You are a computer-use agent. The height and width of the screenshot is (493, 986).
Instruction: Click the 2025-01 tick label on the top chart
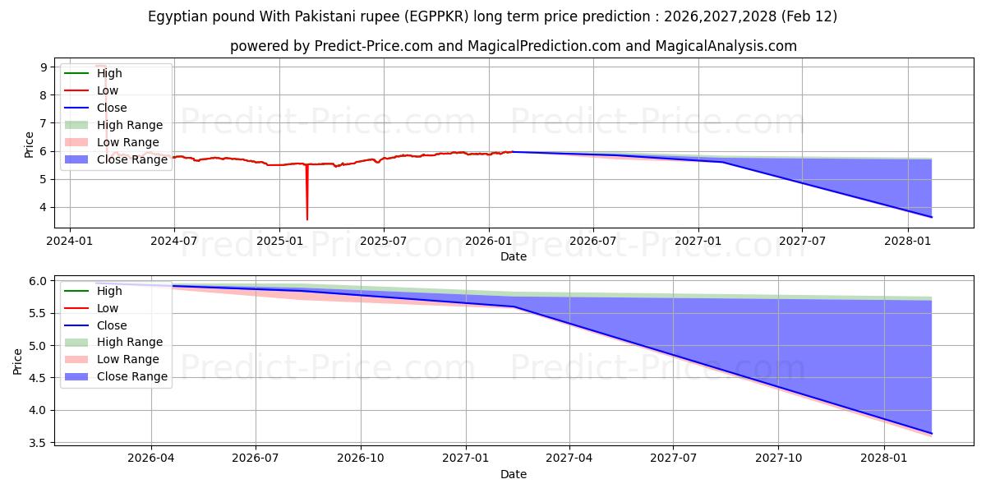point(279,241)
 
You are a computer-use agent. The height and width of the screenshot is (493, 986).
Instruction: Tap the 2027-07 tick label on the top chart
point(802,241)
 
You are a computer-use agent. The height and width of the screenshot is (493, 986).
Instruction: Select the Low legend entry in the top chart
point(108,90)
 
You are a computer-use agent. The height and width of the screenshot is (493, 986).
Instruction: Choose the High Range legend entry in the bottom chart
point(130,342)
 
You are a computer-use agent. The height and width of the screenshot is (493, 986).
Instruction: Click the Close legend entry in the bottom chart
point(112,325)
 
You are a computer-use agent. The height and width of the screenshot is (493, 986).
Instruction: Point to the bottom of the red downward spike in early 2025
point(307,219)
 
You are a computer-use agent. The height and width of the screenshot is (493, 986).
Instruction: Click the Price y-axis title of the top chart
point(29,145)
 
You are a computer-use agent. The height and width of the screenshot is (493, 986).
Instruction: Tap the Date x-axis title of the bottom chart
point(514,474)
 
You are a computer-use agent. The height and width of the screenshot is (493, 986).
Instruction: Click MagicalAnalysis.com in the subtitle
point(730,46)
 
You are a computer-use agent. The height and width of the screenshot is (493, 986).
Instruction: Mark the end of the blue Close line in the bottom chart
point(932,433)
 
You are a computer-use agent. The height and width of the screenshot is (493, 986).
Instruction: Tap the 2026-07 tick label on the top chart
point(593,241)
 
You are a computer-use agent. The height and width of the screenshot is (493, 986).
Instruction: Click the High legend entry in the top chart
point(109,73)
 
